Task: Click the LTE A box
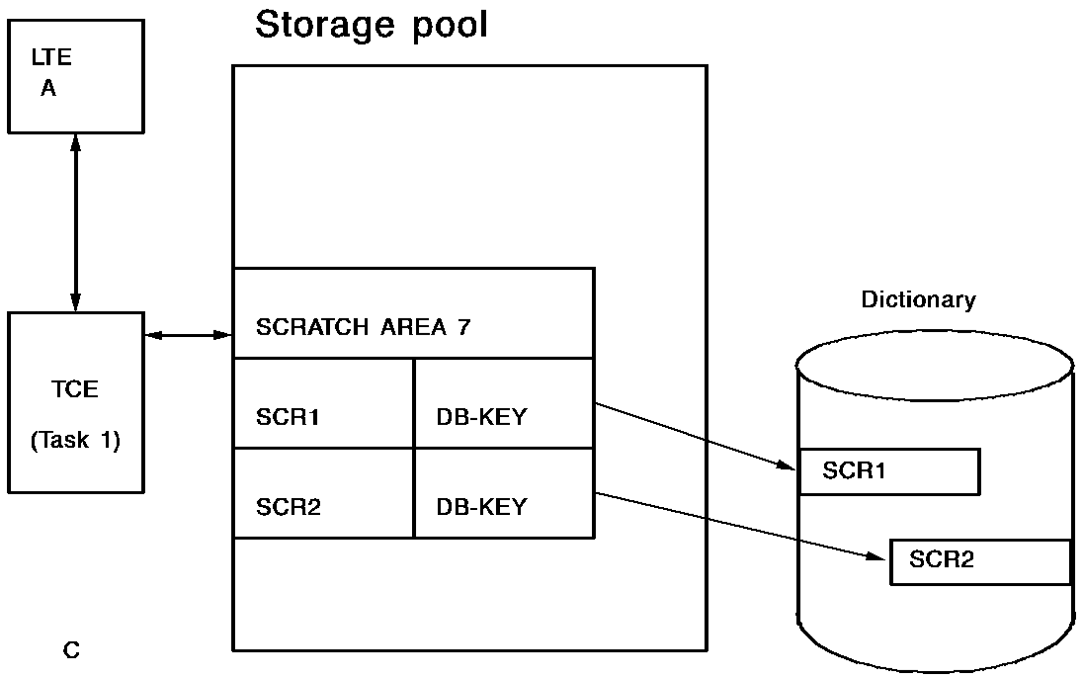point(75,74)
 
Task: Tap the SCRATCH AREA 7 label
point(364,328)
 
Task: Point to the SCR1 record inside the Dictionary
point(888,471)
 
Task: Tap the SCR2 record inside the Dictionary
point(980,561)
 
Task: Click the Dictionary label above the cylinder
point(918,299)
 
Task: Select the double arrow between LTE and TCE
point(75,222)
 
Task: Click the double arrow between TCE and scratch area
point(188,336)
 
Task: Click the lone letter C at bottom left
point(71,649)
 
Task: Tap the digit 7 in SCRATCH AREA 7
point(463,328)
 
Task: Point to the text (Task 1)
point(75,441)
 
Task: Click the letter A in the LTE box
point(48,89)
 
